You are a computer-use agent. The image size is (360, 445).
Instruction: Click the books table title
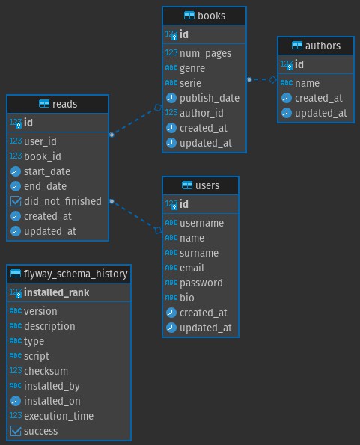[212, 16]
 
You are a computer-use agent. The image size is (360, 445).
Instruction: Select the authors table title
[323, 46]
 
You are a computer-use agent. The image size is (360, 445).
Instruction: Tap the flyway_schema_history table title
[76, 274]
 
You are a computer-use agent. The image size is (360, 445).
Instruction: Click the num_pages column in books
[206, 53]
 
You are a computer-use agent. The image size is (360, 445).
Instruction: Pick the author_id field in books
[201, 113]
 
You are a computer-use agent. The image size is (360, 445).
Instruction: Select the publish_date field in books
[210, 98]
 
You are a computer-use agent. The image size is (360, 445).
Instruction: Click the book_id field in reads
[43, 156]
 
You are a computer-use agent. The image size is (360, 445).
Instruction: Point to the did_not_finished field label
[63, 201]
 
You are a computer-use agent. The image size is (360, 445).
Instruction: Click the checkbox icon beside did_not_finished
[16, 201]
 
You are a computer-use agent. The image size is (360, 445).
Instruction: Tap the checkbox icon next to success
[16, 431]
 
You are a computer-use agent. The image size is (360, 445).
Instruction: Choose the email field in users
[192, 268]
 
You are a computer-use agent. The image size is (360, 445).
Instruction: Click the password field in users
[201, 283]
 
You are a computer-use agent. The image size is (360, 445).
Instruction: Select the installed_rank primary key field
[57, 292]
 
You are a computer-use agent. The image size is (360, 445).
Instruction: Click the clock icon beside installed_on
[16, 401]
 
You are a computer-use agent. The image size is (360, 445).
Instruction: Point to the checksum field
[46, 371]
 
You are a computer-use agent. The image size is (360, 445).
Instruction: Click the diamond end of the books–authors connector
[273, 79]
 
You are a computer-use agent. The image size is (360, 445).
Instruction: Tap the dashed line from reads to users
[135, 215]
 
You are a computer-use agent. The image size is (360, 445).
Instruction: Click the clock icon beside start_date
[16, 171]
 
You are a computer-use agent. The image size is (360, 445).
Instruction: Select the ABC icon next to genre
[171, 68]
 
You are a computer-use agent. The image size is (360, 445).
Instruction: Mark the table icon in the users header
[187, 185]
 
